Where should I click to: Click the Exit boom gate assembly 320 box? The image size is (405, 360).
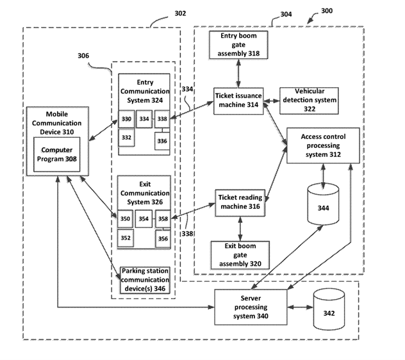(x=240, y=254)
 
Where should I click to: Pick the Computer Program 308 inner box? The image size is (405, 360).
(x=57, y=154)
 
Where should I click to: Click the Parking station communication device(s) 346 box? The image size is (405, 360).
(x=145, y=279)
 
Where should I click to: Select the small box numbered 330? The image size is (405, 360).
(x=126, y=119)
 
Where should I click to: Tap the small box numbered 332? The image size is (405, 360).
(x=126, y=137)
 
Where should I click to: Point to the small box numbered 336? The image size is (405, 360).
(x=163, y=140)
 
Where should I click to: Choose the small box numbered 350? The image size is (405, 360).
(x=126, y=219)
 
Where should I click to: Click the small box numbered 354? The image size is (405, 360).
(x=144, y=219)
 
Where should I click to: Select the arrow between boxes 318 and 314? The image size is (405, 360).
(x=238, y=72)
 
